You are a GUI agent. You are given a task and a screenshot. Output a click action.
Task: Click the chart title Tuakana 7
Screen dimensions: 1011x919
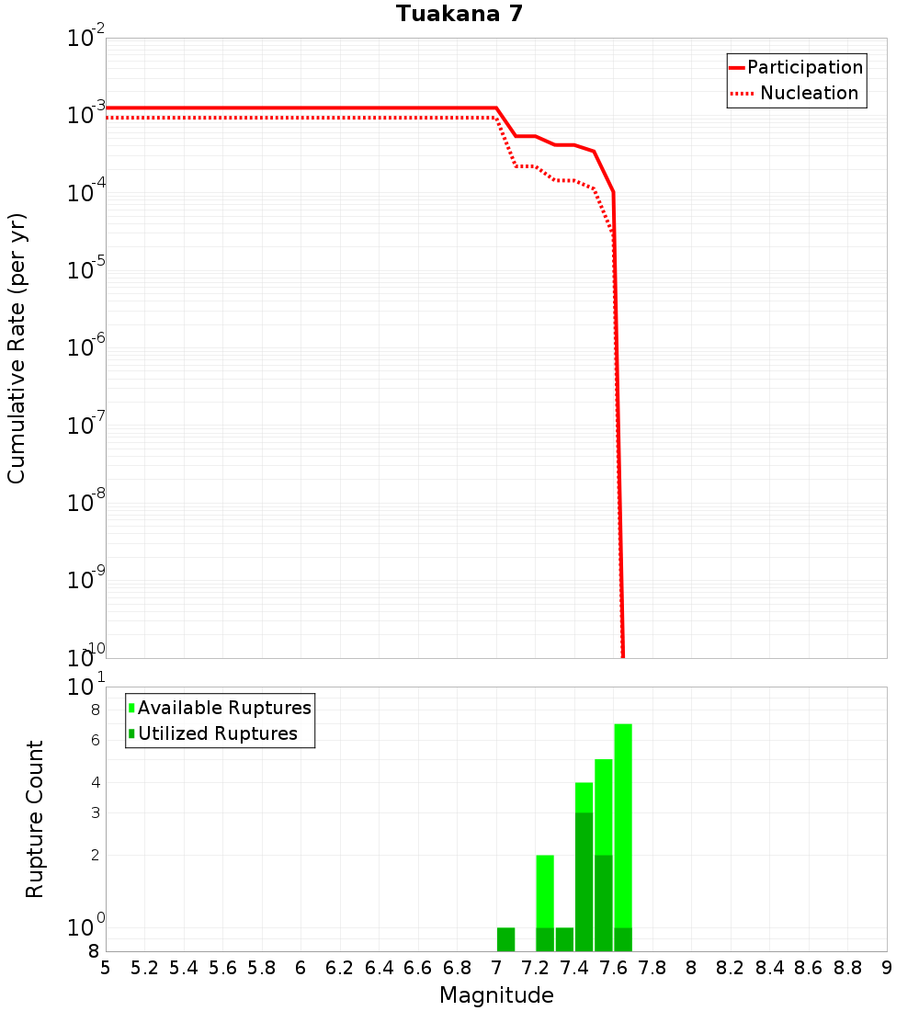[x=459, y=15]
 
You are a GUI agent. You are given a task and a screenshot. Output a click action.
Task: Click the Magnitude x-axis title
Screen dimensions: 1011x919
[x=496, y=995]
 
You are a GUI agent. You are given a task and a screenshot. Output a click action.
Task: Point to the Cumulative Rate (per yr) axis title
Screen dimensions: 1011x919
[x=17, y=347]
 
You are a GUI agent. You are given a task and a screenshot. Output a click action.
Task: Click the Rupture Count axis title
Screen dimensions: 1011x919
[x=35, y=818]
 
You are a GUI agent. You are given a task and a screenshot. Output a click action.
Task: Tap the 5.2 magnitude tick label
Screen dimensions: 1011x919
[x=144, y=968]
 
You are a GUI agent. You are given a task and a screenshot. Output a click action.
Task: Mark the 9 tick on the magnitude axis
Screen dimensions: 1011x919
[x=887, y=968]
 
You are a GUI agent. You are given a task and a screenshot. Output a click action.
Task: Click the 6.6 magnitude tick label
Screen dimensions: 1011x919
[x=418, y=968]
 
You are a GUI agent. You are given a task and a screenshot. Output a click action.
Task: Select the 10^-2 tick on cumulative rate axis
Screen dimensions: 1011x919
[x=86, y=39]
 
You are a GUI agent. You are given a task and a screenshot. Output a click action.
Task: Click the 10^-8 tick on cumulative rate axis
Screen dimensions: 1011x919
[x=86, y=503]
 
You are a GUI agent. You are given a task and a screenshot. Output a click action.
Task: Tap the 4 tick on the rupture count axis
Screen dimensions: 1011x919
[x=95, y=783]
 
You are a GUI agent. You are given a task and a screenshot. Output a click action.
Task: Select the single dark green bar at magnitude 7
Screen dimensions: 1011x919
[x=505, y=939]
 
